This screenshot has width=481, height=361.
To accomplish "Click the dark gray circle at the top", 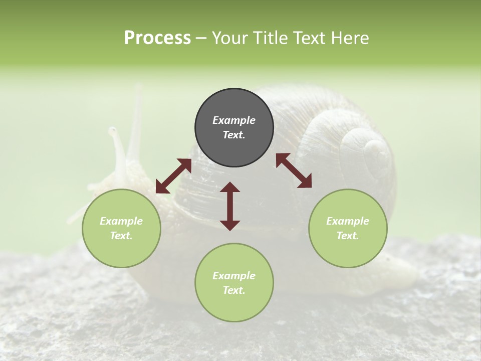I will pos(234,128).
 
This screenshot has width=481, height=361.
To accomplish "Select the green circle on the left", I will pos(121,228).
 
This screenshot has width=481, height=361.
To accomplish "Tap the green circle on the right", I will pos(348,228).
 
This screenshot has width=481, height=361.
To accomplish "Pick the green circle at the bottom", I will pos(234,283).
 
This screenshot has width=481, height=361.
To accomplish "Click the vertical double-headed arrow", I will pos(230,206).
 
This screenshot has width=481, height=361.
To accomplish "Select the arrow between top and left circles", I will pos(173,176).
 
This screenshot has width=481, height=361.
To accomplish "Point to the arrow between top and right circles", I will pos(294,170).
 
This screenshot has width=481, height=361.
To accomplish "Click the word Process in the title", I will pos(157,38).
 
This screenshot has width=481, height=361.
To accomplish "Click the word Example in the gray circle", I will pos(234,120).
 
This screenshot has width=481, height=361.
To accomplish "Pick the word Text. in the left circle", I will pos(121,236).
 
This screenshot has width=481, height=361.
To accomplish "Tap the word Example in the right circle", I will pos(348,221).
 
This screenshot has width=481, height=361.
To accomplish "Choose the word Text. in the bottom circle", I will pos(234,290).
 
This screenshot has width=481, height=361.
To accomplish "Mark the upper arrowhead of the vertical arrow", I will pos(230,187).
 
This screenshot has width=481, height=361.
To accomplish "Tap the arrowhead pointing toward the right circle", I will pos(306,183).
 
